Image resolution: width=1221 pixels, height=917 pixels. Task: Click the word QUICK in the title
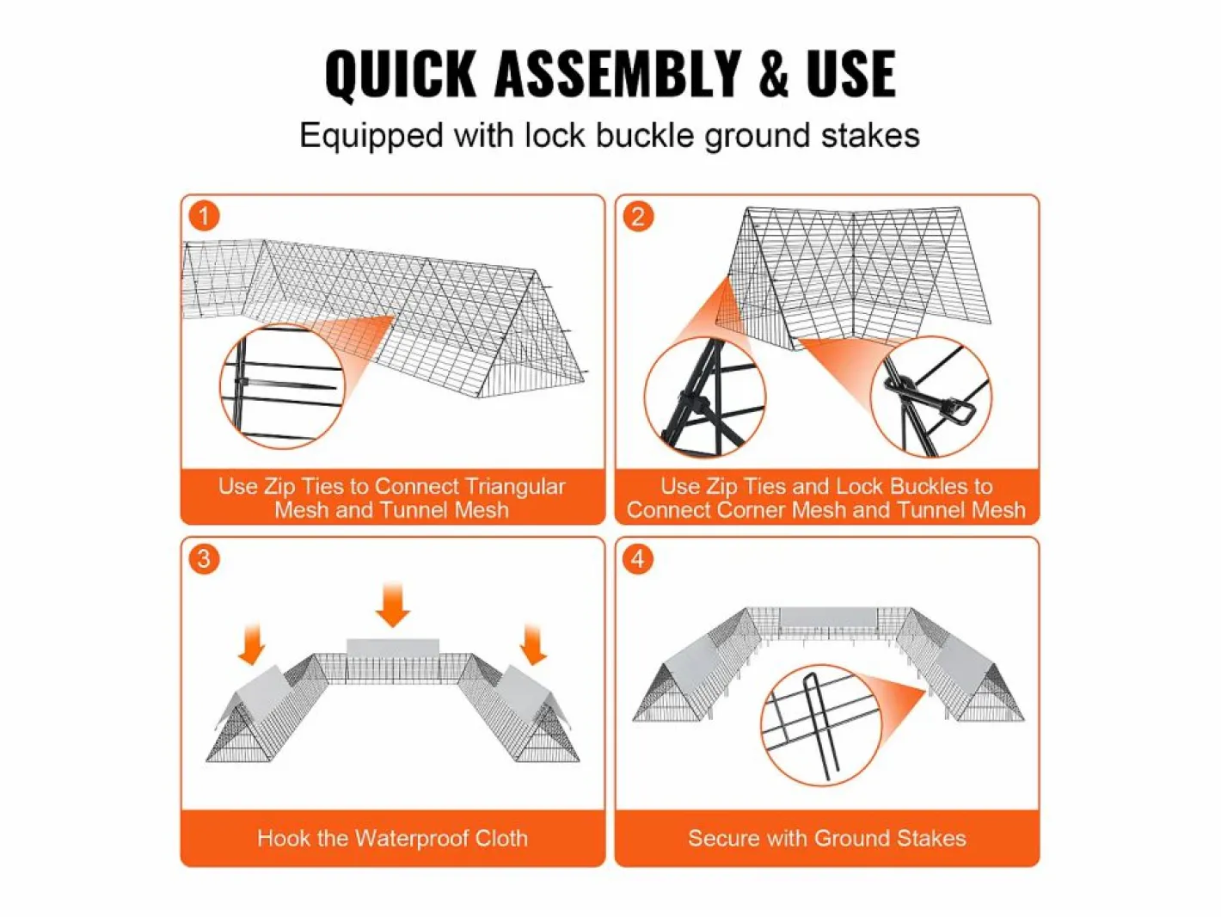coord(401,75)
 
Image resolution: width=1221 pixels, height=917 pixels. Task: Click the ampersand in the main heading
coord(773,74)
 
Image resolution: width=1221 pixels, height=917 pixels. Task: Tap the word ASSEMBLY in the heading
coord(617,74)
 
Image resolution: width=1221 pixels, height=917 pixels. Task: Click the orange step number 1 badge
coord(204,216)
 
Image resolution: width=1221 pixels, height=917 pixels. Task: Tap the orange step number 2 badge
coord(638,216)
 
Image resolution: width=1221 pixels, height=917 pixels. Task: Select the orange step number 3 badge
coord(204,558)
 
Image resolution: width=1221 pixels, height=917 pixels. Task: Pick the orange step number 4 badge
coord(638,558)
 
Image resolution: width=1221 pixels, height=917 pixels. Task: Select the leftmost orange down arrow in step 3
coord(251,643)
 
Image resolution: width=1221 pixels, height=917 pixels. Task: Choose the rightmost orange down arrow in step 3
coord(533,643)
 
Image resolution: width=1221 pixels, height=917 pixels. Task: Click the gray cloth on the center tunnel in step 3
coord(393,647)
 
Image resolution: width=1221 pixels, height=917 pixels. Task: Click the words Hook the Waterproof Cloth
coord(393,838)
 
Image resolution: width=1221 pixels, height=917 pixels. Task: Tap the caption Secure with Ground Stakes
coord(827,838)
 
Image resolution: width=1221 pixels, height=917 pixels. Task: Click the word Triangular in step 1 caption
coord(515,487)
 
